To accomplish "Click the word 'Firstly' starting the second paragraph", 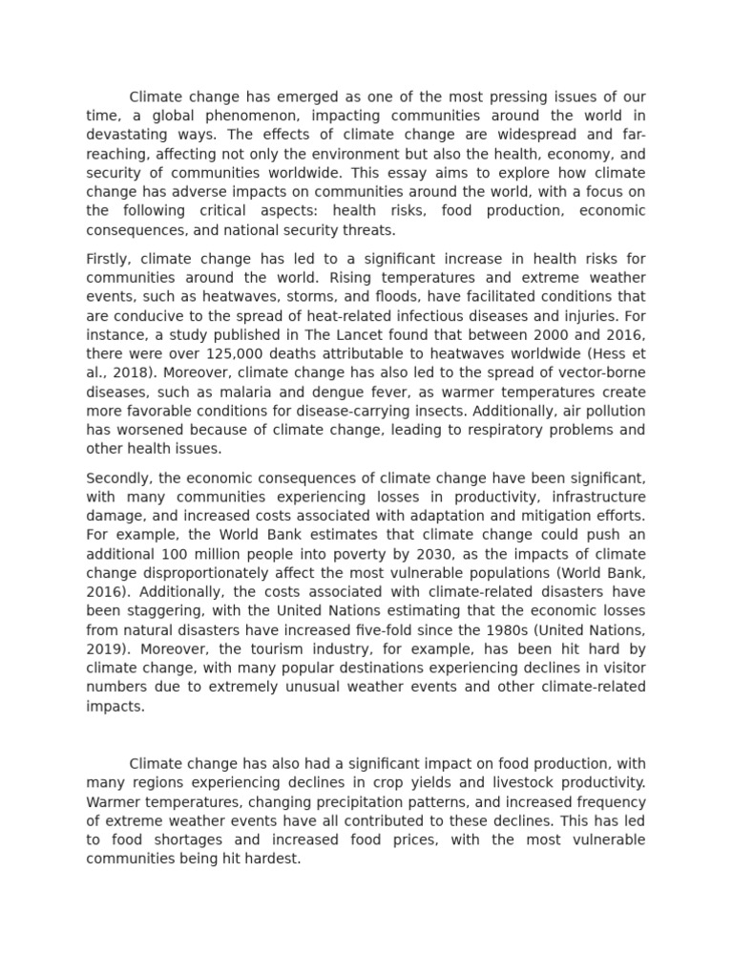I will (106, 259).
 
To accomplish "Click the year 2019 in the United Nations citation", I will (105, 649).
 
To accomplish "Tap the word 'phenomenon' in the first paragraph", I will (229, 117).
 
